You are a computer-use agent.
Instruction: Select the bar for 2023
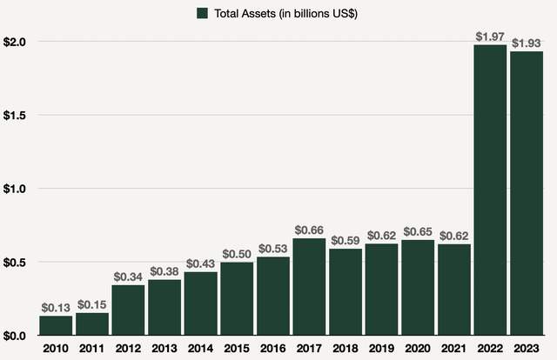click(527, 193)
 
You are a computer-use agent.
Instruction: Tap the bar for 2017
click(310, 286)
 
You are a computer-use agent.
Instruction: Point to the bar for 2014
click(201, 303)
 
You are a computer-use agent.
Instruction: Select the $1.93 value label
click(527, 41)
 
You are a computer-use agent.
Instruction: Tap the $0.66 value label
click(310, 229)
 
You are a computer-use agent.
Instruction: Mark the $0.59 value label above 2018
click(346, 239)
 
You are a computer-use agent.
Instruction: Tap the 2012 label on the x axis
click(129, 350)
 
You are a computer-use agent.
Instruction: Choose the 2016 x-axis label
click(273, 350)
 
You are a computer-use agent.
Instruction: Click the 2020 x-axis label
click(418, 350)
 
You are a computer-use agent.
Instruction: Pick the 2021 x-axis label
click(454, 350)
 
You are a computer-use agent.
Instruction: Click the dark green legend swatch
click(203, 13)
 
